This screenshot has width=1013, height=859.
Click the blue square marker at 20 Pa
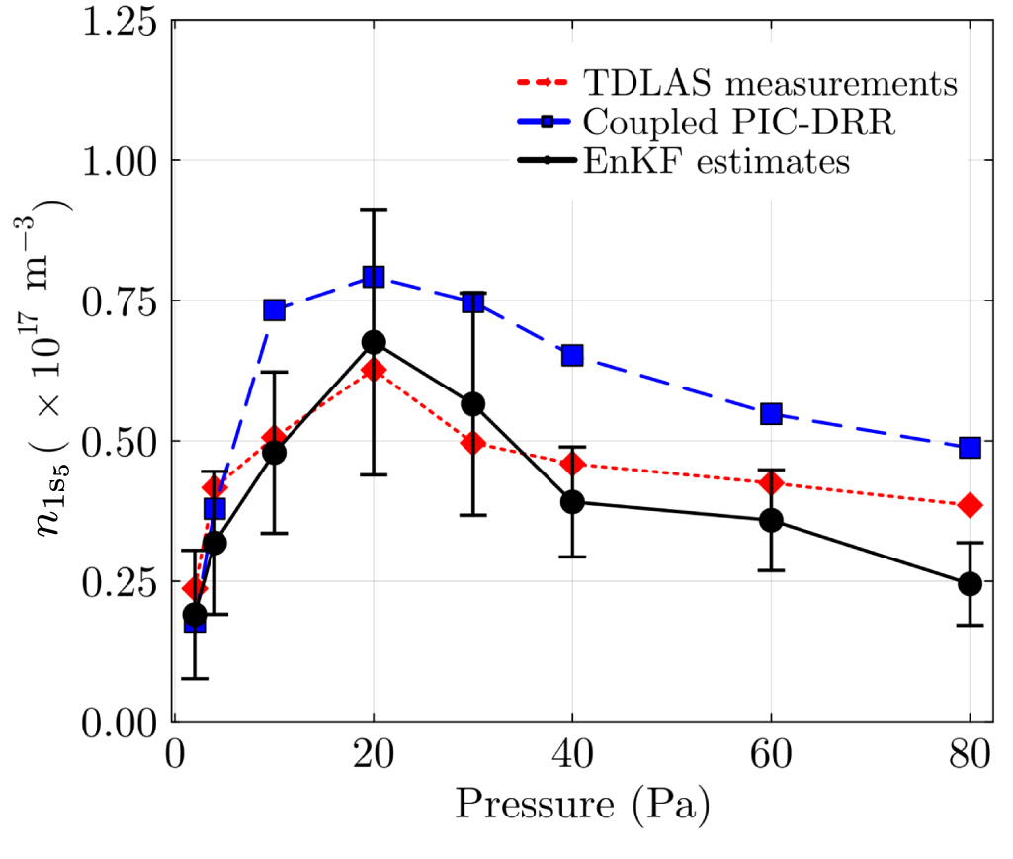(374, 277)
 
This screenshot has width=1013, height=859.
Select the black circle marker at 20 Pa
(374, 342)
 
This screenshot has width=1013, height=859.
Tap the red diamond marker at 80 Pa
(970, 505)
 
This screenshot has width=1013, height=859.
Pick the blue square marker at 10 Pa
(274, 310)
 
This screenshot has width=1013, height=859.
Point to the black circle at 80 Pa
(970, 583)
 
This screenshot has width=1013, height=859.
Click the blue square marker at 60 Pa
(771, 414)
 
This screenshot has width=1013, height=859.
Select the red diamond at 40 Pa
(572, 464)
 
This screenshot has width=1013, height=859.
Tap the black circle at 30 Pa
(473, 404)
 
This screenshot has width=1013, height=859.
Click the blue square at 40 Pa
(572, 355)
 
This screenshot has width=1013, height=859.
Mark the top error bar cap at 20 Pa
(374, 210)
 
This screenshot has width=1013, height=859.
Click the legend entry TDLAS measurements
(770, 83)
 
